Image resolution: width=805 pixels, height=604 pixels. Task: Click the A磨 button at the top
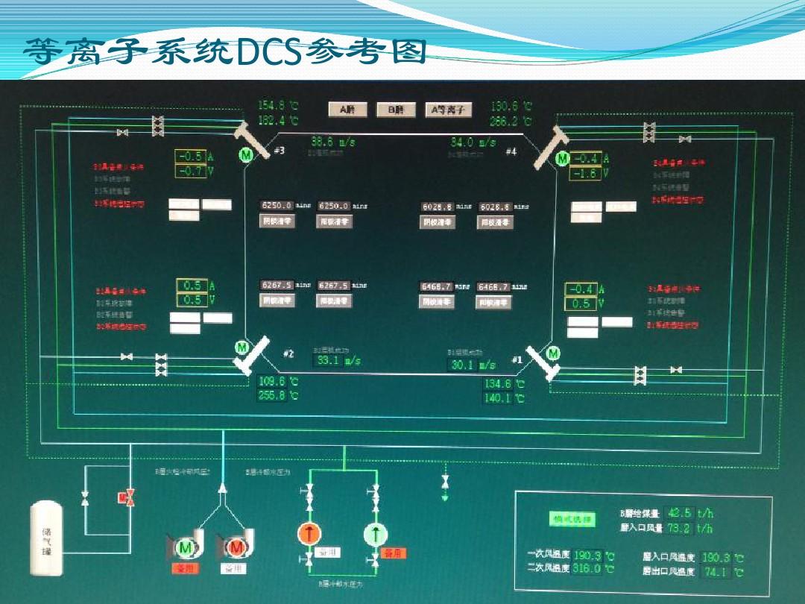point(347,110)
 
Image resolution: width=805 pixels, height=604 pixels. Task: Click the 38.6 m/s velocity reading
point(332,141)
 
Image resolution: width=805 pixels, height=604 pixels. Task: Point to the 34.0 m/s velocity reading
point(473,142)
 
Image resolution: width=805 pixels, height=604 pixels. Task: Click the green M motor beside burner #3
point(245,154)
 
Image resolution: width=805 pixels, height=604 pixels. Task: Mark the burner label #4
point(511,151)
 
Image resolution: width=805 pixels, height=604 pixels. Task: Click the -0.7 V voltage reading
point(191,172)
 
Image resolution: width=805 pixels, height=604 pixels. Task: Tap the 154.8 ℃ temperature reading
point(277,106)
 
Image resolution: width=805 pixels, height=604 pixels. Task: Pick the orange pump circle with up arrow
point(308,533)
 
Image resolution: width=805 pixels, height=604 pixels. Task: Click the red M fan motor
point(237,548)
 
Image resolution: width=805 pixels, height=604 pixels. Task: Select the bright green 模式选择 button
point(572,519)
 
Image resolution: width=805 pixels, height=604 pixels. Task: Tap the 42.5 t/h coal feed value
point(680,513)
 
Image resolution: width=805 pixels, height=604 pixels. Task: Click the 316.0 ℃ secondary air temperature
point(587,569)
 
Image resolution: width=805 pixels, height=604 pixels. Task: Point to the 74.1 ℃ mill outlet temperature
point(716,572)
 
